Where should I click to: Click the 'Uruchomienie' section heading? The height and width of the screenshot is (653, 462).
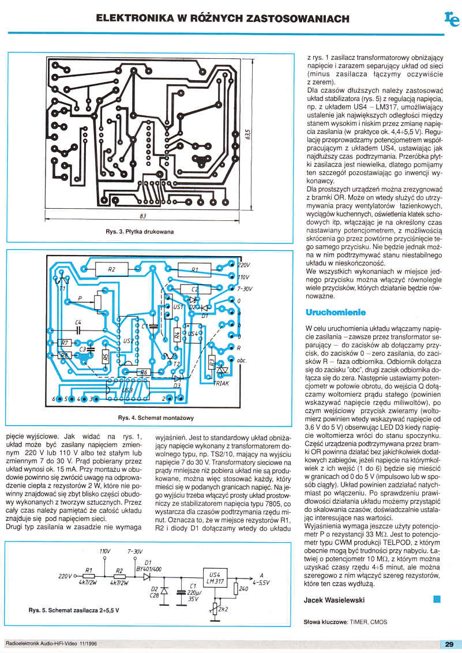[335, 313]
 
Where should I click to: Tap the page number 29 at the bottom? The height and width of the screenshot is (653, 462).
[449, 644]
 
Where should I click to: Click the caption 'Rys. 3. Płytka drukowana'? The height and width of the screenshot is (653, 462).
[140, 232]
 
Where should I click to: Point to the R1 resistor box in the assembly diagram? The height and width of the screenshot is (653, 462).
[194, 269]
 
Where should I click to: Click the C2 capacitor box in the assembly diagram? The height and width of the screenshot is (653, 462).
[194, 288]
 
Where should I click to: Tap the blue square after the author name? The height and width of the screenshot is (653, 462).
[437, 599]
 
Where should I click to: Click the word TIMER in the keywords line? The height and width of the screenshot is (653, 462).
[361, 622]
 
